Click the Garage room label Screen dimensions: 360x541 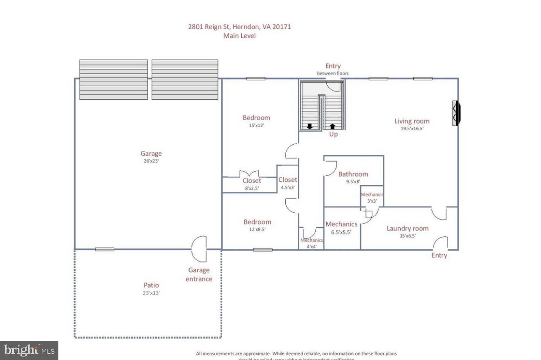click(151, 153)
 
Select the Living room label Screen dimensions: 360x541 click(412, 121)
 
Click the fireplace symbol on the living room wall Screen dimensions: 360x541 click(455, 113)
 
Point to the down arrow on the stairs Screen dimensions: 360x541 click(310, 126)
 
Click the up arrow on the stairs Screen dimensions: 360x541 click(333, 126)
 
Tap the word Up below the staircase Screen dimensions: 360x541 click(333, 134)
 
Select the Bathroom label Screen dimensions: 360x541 click(353, 174)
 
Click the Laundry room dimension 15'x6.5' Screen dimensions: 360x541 click(407, 236)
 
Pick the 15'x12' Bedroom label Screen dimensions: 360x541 click(256, 118)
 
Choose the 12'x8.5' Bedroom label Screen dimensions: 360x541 click(257, 222)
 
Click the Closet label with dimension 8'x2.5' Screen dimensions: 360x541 click(252, 180)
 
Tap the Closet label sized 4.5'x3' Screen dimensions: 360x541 click(287, 180)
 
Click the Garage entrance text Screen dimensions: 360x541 click(199, 275)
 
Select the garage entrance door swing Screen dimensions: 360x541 click(199, 248)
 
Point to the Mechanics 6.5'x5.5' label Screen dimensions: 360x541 click(342, 224)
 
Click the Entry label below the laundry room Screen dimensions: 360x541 click(439, 255)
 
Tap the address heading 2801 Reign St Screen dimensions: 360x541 click(239, 27)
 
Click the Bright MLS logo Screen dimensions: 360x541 click(29, 350)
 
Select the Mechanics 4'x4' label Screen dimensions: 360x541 click(311, 240)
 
